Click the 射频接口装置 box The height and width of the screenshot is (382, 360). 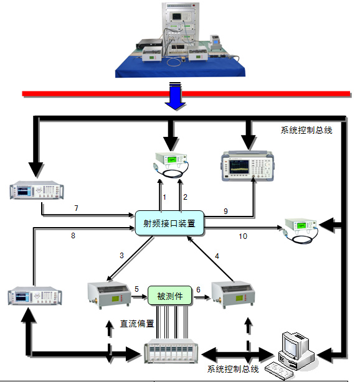coord(169,223)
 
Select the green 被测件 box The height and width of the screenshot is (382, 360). coord(170,296)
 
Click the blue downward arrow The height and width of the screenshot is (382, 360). coord(176,96)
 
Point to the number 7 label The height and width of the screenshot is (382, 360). coord(77,208)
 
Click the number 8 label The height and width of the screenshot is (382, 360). coord(73,236)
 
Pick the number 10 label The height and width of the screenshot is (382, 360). coord(243,236)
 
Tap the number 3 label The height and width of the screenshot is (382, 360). coord(121,255)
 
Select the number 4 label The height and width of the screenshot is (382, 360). coord(217,256)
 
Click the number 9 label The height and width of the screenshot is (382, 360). coord(225,211)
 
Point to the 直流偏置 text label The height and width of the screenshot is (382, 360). coord(137,324)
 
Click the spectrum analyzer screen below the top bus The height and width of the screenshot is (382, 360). coord(239,167)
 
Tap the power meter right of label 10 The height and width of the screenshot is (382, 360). coord(301,230)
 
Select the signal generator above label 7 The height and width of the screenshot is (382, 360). coord(37,190)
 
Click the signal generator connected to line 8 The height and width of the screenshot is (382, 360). coord(35,296)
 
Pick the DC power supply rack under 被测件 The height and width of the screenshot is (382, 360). coord(171,351)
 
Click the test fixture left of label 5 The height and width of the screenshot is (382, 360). coord(109,295)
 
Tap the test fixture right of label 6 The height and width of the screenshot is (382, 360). coord(233,294)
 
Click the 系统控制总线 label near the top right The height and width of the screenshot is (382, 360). coord(306,130)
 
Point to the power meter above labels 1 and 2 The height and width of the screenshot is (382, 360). coord(172,164)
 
